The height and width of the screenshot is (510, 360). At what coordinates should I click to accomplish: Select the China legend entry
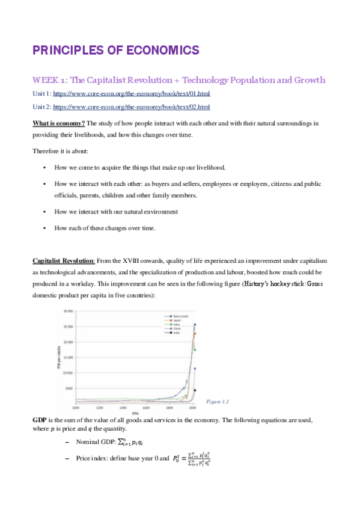point(175,328)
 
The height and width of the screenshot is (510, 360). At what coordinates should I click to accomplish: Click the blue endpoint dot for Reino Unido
point(195,325)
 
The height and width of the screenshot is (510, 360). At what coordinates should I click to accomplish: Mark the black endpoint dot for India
point(195,390)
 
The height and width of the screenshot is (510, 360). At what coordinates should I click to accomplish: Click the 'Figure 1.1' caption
point(218,401)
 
